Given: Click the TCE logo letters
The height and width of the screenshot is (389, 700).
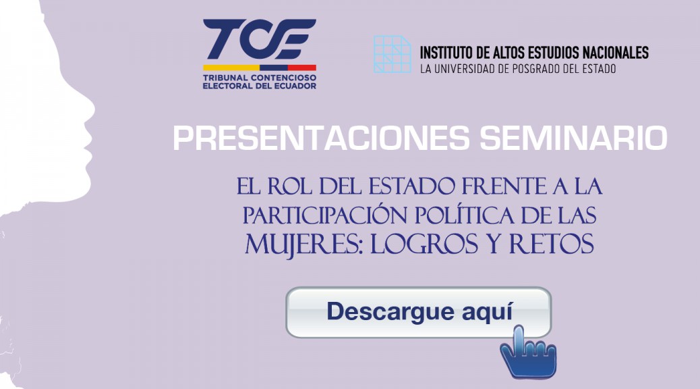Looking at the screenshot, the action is click(x=260, y=39).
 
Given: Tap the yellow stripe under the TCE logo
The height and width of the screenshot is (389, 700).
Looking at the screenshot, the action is click(x=231, y=68).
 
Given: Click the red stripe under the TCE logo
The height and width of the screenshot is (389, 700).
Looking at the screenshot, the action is click(x=302, y=68).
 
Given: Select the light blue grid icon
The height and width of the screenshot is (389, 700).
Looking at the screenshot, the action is click(x=392, y=54).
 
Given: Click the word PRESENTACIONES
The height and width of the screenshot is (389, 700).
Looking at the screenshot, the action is click(x=321, y=138).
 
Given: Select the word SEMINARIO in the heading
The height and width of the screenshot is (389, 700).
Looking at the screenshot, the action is click(x=573, y=138).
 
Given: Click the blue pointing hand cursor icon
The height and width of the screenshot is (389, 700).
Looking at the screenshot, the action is click(x=528, y=353).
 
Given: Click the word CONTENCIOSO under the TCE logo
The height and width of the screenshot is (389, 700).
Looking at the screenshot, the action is click(x=283, y=78).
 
